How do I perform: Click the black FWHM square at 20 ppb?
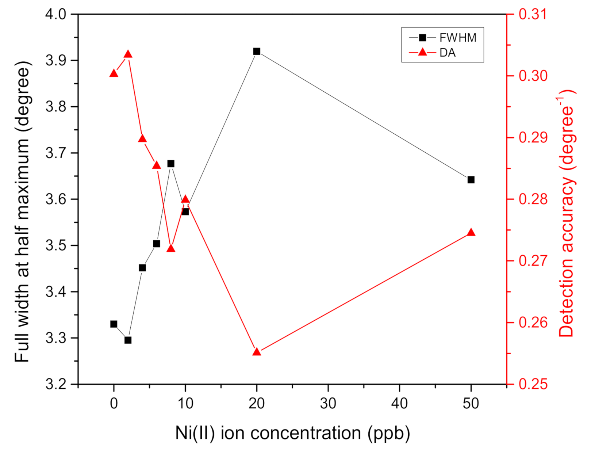coord(257,51)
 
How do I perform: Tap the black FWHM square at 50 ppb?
coord(471,180)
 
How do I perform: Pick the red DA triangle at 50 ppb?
coord(471,233)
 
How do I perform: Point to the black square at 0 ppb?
coord(114,324)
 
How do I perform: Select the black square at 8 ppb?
coord(171,164)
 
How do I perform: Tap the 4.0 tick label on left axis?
coord(55,14)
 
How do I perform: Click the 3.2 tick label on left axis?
coord(55,384)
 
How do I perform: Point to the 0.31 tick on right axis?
coord(533,14)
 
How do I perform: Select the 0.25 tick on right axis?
coord(533,384)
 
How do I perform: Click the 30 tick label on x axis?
coord(328,404)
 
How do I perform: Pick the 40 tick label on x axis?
coord(400,404)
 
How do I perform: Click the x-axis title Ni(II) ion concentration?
coord(292,433)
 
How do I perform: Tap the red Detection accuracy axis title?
coord(567,213)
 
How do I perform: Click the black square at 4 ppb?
coord(142,268)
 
